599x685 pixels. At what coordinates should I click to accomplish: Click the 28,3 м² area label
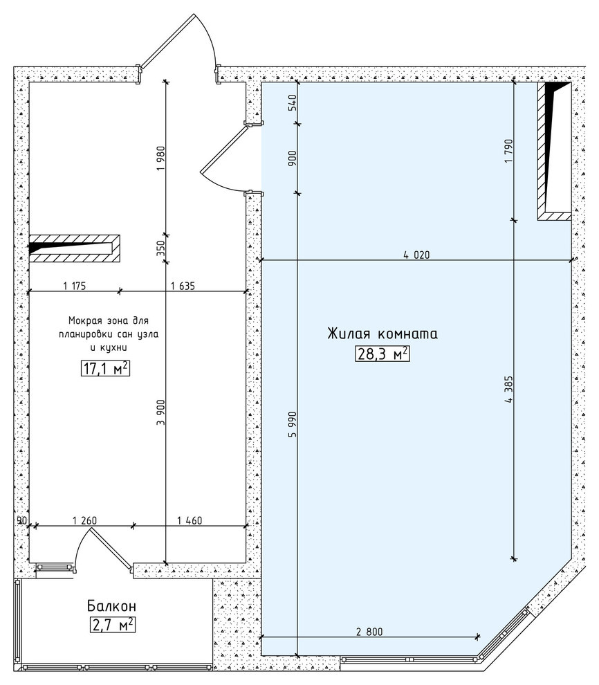[x=382, y=354]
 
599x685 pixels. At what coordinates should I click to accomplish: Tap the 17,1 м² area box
[x=105, y=369]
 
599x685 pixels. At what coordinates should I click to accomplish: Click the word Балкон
[x=112, y=606]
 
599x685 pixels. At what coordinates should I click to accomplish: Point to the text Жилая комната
[x=383, y=334]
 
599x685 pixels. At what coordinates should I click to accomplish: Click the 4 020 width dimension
[x=416, y=255]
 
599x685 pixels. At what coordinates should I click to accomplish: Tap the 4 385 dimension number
[x=508, y=390]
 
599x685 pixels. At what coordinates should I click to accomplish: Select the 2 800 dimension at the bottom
[x=369, y=632]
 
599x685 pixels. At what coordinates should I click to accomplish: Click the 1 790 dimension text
[x=508, y=151]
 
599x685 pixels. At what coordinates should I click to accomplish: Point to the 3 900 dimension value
[x=161, y=412]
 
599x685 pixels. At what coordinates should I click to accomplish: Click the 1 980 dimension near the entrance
[x=161, y=158]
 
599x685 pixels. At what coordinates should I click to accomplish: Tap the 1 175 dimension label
[x=75, y=286]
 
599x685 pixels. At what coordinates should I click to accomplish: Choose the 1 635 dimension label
[x=183, y=286]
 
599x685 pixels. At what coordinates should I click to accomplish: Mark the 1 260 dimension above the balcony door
[x=84, y=520]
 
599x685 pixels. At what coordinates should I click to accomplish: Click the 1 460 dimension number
[x=190, y=520]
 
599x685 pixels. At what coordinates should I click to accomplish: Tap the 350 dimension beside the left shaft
[x=160, y=248]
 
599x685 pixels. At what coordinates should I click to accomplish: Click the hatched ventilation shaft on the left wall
[x=74, y=248]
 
